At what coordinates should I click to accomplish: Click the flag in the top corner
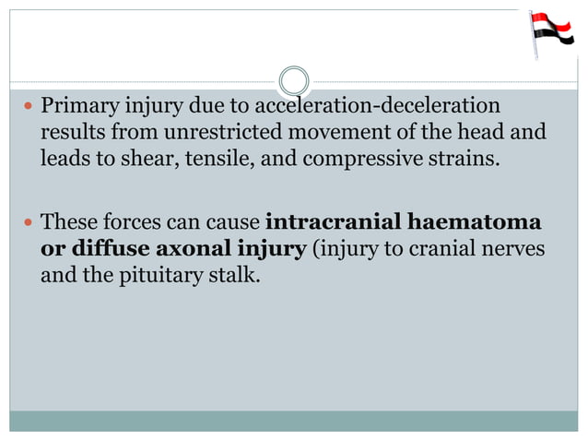coord(547,32)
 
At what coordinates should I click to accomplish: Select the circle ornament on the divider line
coord(294,80)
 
